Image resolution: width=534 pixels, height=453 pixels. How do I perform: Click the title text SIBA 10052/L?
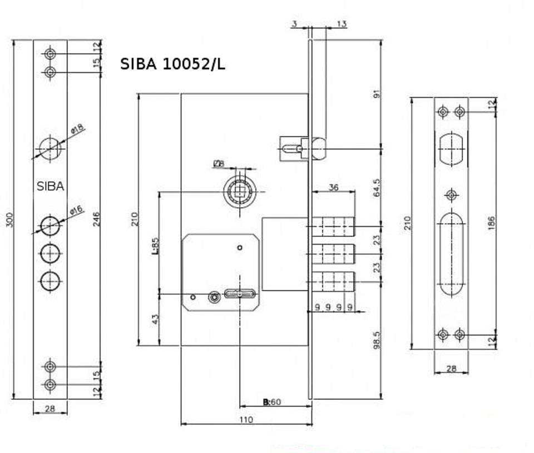coord(172,64)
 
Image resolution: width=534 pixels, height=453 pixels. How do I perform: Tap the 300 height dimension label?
coord(10,220)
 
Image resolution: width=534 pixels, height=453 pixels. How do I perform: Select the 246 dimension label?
coord(97,219)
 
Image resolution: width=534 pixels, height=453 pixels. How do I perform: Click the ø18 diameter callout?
coord(77,129)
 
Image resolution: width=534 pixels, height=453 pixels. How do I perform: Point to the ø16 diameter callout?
coord(76,210)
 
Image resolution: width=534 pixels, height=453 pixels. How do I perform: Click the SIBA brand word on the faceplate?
coord(51,186)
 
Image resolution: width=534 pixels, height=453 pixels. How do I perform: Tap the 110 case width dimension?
coord(246,419)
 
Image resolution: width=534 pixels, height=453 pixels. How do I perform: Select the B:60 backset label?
coord(272,402)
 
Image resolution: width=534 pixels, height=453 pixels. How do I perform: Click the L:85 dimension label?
coord(155,246)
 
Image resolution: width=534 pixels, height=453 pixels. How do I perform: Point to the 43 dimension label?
coord(155,319)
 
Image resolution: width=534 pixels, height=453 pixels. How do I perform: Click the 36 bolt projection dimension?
coord(333,187)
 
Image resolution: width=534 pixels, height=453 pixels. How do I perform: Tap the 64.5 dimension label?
coord(377,187)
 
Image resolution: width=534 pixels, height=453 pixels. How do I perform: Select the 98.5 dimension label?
coord(377,340)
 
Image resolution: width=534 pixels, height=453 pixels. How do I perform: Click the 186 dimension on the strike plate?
coord(491,223)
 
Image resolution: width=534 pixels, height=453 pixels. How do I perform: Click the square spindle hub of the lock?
coord(240,192)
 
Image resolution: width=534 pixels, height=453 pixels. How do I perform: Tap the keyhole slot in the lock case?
coord(240,293)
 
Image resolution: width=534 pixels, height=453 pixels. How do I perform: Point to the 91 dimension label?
coord(377,94)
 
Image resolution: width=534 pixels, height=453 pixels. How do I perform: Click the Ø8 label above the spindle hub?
coord(219,164)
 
